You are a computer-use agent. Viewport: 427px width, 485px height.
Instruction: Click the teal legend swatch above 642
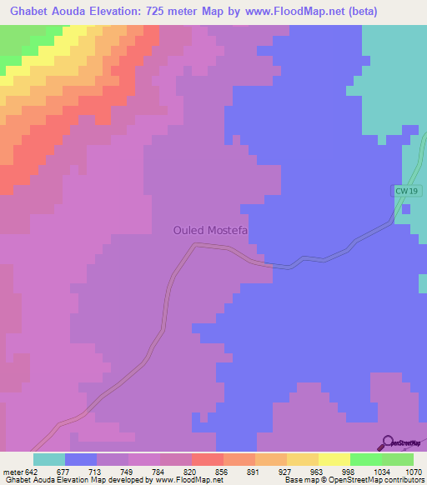pyautogui.click(x=48, y=459)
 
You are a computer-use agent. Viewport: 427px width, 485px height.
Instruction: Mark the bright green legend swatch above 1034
pyautogui.click(x=366, y=459)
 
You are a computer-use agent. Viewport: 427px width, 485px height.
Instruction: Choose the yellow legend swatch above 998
pyautogui.click(x=334, y=459)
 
